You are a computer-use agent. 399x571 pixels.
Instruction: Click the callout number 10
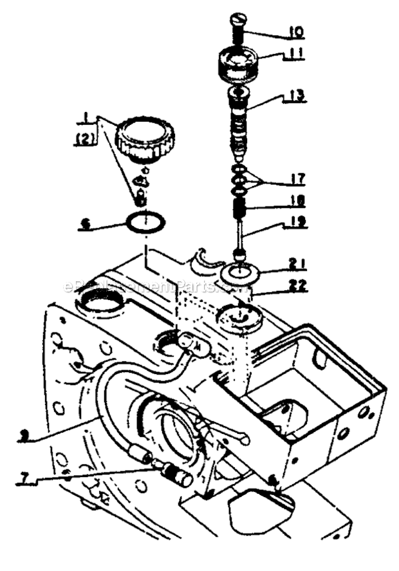tap(296, 32)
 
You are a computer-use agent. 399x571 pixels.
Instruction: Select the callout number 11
tap(297, 56)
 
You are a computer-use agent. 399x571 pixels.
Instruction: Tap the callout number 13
tap(297, 96)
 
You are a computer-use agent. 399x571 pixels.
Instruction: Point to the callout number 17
tap(297, 178)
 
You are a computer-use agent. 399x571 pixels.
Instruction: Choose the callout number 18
tap(297, 201)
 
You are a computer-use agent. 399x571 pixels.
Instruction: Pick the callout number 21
tap(297, 263)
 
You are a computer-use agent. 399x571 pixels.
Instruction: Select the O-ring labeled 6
tap(145, 223)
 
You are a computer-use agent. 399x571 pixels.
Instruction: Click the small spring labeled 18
tap(240, 209)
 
